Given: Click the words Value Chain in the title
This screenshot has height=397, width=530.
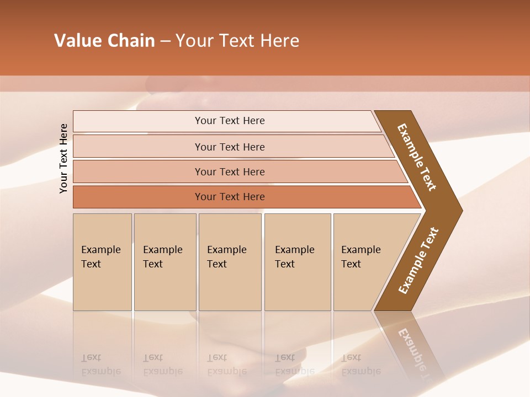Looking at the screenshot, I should click(x=104, y=41).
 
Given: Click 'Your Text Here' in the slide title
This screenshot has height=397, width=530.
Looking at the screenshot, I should click(x=237, y=41).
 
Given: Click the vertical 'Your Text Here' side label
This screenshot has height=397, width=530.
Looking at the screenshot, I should click(x=63, y=158).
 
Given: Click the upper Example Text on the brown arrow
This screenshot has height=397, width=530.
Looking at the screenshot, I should click(x=416, y=157).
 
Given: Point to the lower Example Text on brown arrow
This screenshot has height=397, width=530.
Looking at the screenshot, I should click(x=418, y=261).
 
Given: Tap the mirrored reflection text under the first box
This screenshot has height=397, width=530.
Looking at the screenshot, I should click(x=101, y=364).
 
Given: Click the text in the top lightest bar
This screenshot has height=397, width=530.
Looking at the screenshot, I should click(x=230, y=121).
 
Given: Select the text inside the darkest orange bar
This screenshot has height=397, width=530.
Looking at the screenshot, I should click(x=230, y=197).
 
